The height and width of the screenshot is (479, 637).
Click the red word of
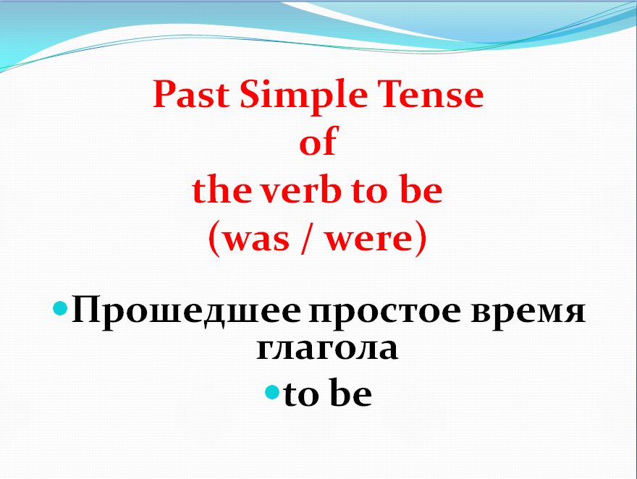[318, 143]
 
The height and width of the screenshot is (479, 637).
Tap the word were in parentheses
[368, 240]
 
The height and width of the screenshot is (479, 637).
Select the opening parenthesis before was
[214, 240]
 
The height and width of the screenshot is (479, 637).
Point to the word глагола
[327, 347]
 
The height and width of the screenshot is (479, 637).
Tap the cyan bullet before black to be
[271, 393]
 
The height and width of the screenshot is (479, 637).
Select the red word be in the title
[420, 190]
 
